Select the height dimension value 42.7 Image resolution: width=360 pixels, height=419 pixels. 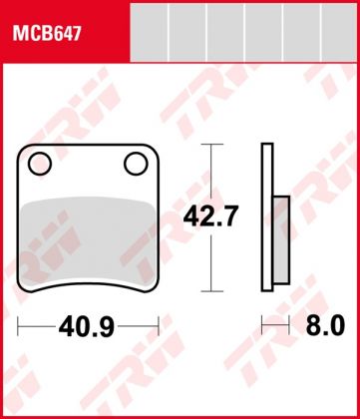point(208,214)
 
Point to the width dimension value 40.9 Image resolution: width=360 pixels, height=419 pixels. point(88,325)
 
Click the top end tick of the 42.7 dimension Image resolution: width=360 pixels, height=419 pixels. point(208,144)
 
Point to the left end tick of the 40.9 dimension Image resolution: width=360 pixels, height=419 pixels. point(21,325)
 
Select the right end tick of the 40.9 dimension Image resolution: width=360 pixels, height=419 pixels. point(159,325)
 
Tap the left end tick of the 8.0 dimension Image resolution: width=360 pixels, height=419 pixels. point(262,325)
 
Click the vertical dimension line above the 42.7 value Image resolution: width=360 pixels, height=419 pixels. point(208,170)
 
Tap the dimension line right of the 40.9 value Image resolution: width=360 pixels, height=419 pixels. point(140,325)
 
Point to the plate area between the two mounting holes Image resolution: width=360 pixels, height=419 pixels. point(88,165)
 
